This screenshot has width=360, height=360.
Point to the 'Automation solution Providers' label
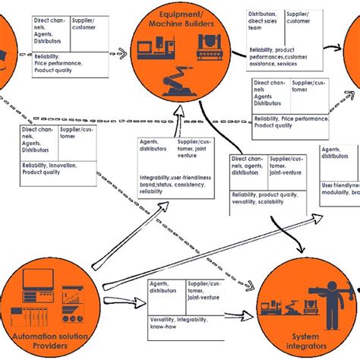[51, 337]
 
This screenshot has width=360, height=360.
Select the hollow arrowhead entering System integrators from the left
[249, 311]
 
